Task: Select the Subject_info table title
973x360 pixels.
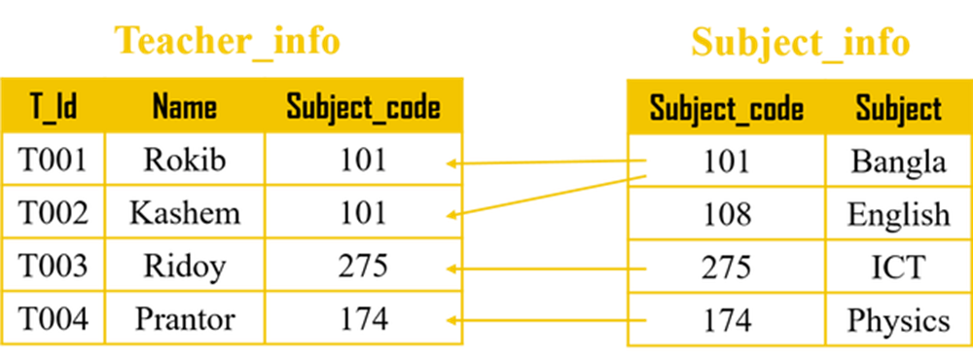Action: point(801,43)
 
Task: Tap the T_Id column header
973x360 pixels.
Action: point(54,107)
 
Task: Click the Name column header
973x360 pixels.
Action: point(185,107)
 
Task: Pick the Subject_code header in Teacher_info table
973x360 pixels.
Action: point(363,108)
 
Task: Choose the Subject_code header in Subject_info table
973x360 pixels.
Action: point(727,110)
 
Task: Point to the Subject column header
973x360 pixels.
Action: point(898,110)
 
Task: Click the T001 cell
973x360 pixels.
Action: point(54,160)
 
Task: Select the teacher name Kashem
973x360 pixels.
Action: point(185,213)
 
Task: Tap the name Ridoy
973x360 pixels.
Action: point(185,268)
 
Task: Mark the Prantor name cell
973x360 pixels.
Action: point(185,320)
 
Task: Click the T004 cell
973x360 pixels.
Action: point(54,320)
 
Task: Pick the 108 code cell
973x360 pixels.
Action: point(727,214)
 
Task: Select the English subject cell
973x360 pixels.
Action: point(898,215)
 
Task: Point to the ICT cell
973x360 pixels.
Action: point(898,269)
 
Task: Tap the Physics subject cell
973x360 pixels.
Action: point(898,321)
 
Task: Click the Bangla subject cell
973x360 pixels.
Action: point(898,162)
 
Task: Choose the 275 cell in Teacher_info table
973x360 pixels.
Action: point(363,267)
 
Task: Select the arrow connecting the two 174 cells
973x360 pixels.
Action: point(547,320)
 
